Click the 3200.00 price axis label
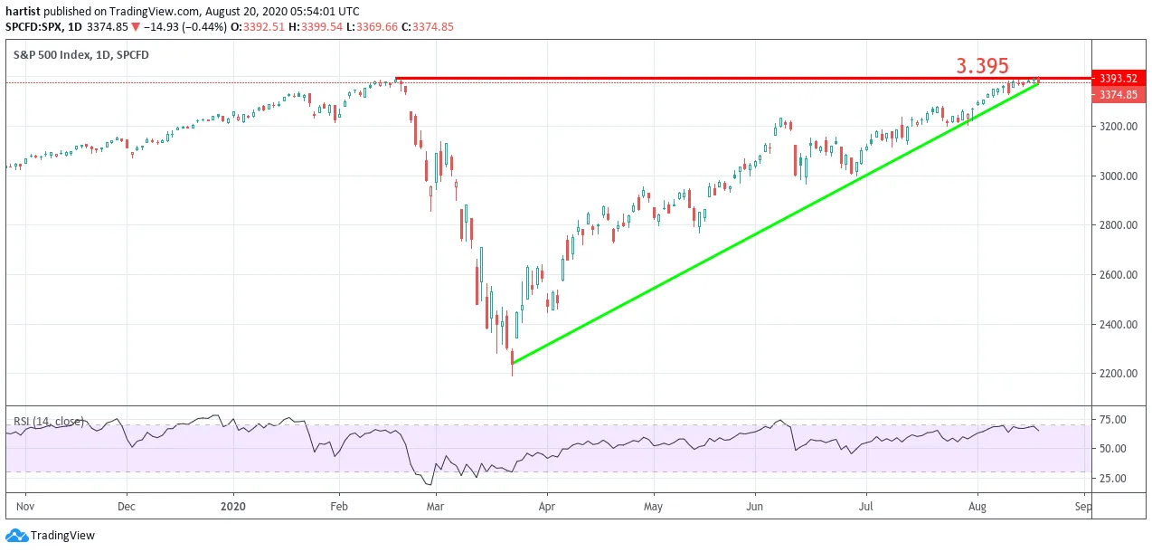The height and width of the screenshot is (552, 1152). [1118, 127]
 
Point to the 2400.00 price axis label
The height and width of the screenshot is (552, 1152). [1118, 325]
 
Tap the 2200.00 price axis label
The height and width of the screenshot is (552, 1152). [1118, 374]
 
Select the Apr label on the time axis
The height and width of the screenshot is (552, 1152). [547, 507]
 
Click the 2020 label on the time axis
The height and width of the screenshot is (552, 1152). [233, 507]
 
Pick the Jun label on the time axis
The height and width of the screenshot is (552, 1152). [754, 507]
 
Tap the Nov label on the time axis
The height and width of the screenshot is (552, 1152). [25, 507]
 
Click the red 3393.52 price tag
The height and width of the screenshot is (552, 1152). [1118, 78]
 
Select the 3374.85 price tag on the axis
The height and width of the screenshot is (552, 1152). [1118, 95]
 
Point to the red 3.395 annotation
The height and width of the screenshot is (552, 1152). [982, 66]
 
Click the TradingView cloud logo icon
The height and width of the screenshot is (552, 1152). [16, 536]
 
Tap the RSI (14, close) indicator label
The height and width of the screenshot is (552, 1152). [48, 422]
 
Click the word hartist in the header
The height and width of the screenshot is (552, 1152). [23, 12]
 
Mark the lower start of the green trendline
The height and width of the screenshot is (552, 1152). [513, 363]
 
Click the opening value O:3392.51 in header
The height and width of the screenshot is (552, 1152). [257, 27]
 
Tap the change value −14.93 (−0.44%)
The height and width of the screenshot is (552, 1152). [185, 27]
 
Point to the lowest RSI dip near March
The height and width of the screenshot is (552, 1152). [430, 485]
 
